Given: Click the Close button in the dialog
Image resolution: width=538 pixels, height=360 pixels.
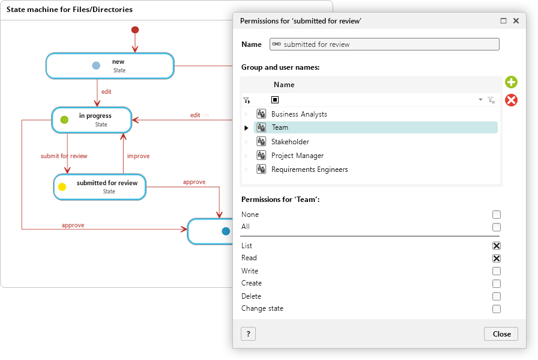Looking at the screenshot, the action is [x=501, y=334].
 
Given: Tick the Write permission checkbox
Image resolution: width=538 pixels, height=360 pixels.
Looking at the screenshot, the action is [x=496, y=271].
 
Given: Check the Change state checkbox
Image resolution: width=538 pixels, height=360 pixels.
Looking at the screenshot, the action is [x=496, y=309].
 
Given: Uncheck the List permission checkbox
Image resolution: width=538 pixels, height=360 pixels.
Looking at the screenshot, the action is [x=496, y=246].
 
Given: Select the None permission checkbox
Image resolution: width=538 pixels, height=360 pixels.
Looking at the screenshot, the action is [x=496, y=215].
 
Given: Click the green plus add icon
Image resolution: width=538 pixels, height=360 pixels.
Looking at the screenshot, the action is [x=511, y=82].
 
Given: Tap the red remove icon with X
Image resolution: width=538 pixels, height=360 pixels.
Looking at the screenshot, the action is [x=511, y=100].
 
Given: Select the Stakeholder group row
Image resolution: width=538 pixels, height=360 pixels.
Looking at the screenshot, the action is [x=290, y=141].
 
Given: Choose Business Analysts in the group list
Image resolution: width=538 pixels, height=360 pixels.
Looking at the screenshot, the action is [x=299, y=114].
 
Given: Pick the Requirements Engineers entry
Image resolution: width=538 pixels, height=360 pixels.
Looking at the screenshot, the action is [x=309, y=169].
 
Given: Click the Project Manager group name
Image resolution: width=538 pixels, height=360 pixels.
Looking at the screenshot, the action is [x=297, y=156].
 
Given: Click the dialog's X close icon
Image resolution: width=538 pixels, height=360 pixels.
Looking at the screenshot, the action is [x=516, y=21].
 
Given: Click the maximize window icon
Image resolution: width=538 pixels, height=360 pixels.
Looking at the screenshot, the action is [x=503, y=21].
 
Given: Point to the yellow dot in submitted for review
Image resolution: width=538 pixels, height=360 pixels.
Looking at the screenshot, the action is [x=62, y=187].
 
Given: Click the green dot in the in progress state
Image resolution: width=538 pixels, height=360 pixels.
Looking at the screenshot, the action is [x=64, y=120].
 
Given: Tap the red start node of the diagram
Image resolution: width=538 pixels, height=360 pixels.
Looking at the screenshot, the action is [x=135, y=30].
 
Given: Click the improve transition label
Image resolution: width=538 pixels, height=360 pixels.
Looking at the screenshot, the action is [x=138, y=156].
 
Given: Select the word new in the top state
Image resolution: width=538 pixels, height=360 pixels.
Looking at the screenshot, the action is [x=118, y=62].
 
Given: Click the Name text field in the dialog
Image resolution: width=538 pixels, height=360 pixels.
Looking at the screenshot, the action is [x=384, y=44].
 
